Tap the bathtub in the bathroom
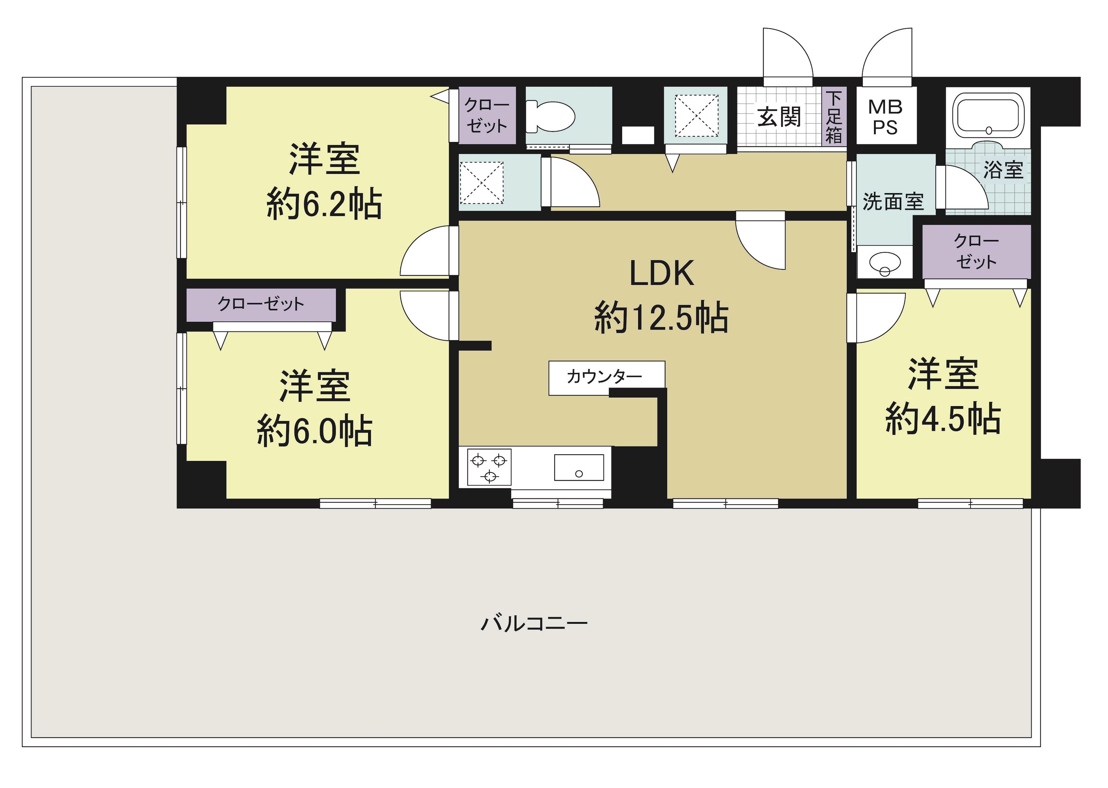(x=988, y=116)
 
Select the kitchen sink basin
(x=579, y=467)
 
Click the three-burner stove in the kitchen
(x=489, y=467)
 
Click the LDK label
(x=662, y=273)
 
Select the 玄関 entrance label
(x=779, y=117)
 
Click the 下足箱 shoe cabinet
(x=834, y=116)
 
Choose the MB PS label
(x=885, y=117)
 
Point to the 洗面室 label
(x=893, y=201)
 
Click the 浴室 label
(x=1003, y=170)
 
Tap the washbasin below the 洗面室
(x=884, y=264)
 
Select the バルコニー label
(x=534, y=623)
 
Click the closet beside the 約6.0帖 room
(x=261, y=305)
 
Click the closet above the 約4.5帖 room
(x=976, y=252)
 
